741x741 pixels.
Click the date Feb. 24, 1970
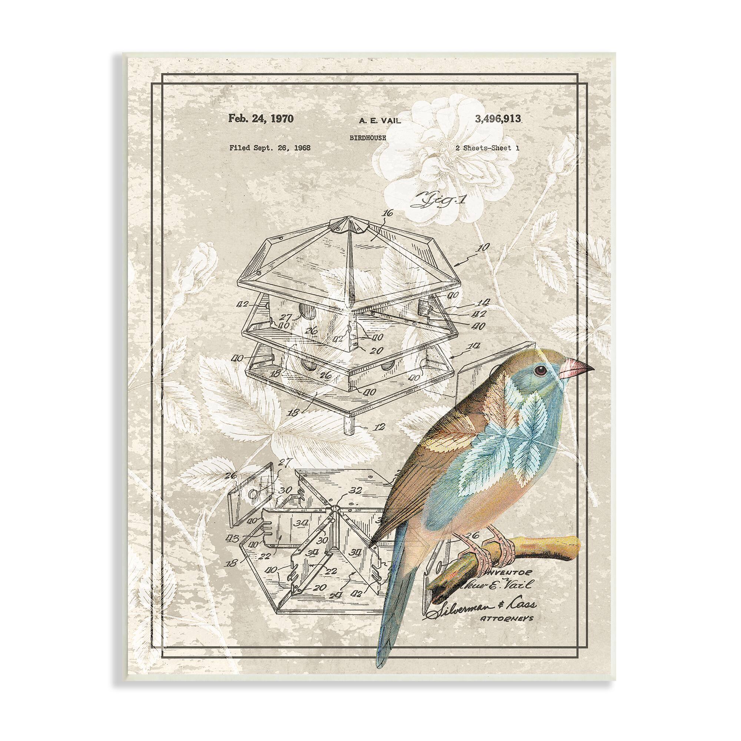point(261,119)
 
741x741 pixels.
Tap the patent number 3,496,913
point(498,119)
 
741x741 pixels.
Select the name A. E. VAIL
point(380,121)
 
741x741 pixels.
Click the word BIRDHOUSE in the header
point(368,138)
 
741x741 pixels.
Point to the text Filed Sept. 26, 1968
point(270,147)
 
